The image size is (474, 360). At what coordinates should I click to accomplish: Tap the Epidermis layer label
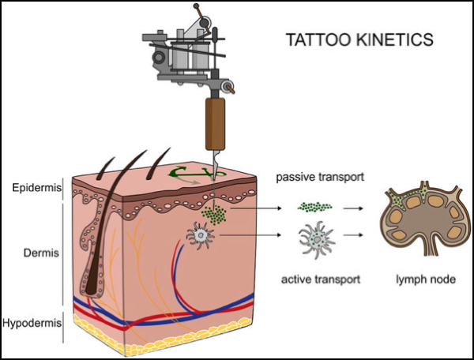37,188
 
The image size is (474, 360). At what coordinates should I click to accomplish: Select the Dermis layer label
41,253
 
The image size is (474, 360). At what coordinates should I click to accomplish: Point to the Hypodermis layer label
32,323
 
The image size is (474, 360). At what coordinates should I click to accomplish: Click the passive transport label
320,177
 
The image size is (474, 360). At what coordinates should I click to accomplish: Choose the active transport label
321,279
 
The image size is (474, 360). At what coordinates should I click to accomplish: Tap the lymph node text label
426,279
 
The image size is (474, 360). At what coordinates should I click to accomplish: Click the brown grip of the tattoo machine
215,124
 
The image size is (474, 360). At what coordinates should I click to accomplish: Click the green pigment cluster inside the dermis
214,215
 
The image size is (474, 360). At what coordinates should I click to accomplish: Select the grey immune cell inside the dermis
200,235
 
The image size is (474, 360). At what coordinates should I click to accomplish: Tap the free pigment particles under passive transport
314,207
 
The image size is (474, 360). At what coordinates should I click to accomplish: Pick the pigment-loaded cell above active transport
317,240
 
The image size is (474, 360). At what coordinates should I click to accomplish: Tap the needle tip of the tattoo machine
214,178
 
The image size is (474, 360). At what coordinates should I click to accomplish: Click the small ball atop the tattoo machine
196,6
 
